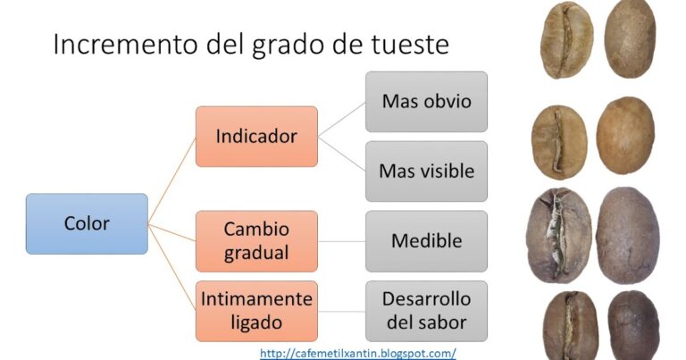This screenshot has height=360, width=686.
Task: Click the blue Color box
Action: click(87, 223)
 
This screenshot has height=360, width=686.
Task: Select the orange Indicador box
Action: click(256, 137)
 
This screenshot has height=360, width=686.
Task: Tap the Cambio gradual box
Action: click(256, 241)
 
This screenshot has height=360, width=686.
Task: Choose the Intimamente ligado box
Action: click(256, 311)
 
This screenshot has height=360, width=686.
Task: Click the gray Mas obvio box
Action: click(427, 102)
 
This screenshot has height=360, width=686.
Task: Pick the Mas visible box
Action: click(427, 171)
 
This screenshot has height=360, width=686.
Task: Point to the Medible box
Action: click(427, 241)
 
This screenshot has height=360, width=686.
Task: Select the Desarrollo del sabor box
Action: click(427, 311)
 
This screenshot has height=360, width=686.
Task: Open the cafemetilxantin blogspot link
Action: click(358, 353)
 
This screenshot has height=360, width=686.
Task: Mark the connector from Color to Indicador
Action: click(171, 180)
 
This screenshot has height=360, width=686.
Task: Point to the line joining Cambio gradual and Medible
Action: click(342, 241)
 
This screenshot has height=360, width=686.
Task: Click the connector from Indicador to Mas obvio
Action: click(342, 120)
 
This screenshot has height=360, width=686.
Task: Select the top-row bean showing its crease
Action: click(567, 40)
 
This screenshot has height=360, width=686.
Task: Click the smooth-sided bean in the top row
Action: click(630, 39)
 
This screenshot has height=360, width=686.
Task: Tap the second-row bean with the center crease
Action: click(559, 142)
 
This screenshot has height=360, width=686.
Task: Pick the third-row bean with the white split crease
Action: click(558, 235)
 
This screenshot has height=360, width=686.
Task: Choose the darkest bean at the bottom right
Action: click(633, 325)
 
